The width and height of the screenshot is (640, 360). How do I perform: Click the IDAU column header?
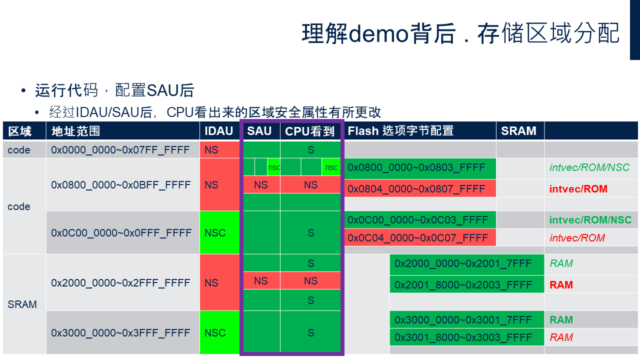tap(219, 131)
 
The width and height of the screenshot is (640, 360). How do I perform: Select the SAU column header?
tap(259, 131)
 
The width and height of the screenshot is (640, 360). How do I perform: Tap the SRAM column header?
tap(518, 131)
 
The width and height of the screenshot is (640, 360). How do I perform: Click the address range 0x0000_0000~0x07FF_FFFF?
tap(120, 150)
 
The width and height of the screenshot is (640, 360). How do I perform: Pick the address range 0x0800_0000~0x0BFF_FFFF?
tap(120, 185)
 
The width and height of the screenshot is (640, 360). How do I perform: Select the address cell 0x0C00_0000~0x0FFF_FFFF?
tap(121, 233)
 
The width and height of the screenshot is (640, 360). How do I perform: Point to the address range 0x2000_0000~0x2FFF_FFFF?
tap(120, 283)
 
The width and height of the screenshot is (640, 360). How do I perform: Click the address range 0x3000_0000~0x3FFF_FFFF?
tap(120, 333)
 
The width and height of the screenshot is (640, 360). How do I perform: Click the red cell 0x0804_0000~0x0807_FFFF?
tap(420, 188)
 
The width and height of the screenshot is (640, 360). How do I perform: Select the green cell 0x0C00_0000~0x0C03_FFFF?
tap(420, 220)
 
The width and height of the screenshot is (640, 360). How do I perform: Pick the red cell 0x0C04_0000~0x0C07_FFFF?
tap(420, 237)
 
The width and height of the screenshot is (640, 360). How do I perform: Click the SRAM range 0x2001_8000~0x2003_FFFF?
tap(467, 284)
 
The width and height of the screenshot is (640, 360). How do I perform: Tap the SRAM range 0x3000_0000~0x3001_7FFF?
tap(467, 319)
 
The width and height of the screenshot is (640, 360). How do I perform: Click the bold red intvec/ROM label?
tap(578, 189)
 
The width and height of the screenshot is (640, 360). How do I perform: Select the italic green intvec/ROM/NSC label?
tap(589, 167)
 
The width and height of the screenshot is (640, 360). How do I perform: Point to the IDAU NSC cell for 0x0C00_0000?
tap(219, 233)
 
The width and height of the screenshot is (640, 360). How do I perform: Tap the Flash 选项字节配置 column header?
tap(400, 131)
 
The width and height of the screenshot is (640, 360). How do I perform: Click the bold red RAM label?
tap(561, 285)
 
